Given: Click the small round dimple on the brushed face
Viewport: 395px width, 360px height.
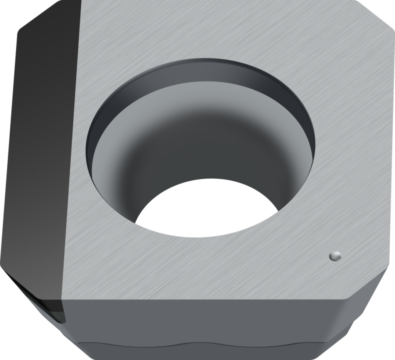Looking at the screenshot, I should tap(335, 255).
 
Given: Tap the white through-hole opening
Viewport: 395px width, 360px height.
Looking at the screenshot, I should tap(206, 208).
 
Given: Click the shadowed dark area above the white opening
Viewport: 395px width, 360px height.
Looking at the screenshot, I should tap(204, 150).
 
